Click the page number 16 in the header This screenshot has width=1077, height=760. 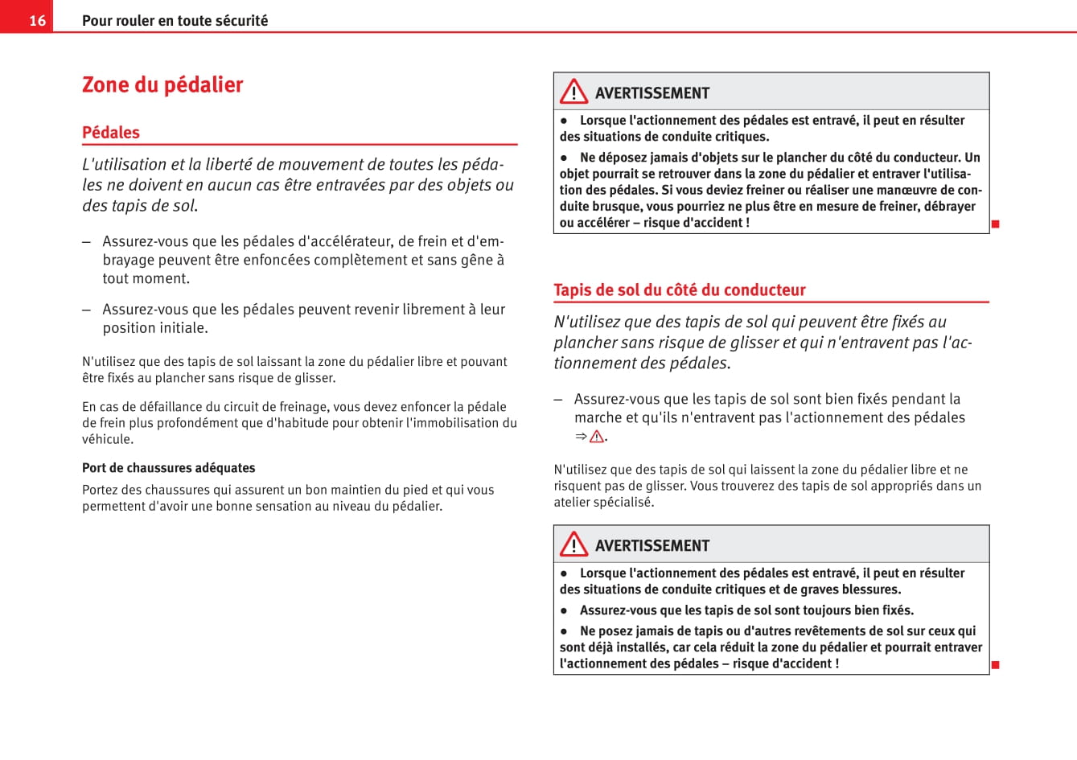tap(38, 20)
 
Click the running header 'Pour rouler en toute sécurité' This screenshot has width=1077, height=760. tap(175, 20)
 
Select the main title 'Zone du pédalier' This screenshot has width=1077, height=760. tap(162, 84)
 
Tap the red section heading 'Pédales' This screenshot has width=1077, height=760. tap(111, 133)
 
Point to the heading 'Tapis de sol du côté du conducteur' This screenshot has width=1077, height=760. tap(680, 290)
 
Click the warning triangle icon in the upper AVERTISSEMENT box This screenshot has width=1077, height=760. tap(573, 92)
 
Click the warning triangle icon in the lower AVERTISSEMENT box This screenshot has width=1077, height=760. tap(573, 544)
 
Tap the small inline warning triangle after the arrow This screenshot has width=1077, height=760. tap(596, 437)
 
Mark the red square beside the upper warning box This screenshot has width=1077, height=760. tap(995, 224)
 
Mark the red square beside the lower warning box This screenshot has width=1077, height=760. tap(995, 665)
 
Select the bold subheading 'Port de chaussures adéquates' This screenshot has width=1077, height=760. tap(169, 468)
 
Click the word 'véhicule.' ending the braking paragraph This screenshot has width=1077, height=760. tap(108, 439)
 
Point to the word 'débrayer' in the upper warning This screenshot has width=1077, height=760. tap(951, 206)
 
